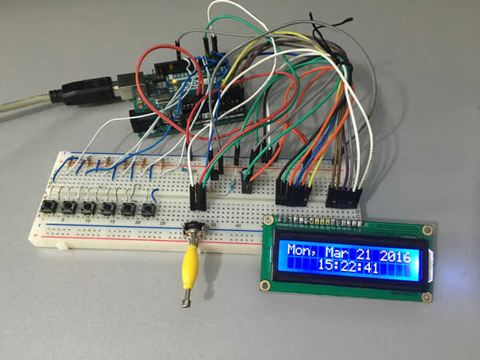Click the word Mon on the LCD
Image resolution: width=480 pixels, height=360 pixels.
300,251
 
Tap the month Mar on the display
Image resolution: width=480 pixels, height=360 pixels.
338,252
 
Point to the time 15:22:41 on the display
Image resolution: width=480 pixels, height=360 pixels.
348,267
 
